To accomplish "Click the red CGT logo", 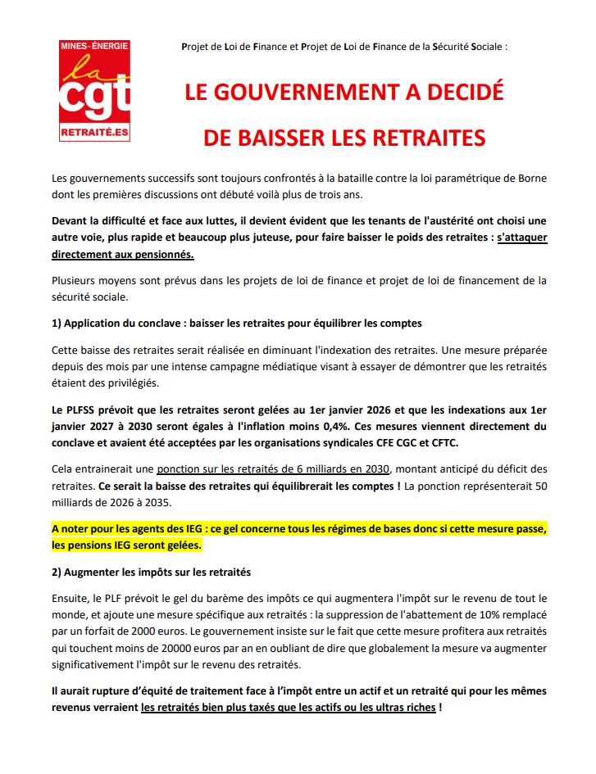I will coord(94,90).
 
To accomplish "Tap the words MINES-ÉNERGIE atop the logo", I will coord(94,48).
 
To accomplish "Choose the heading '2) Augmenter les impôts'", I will coord(150,570).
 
